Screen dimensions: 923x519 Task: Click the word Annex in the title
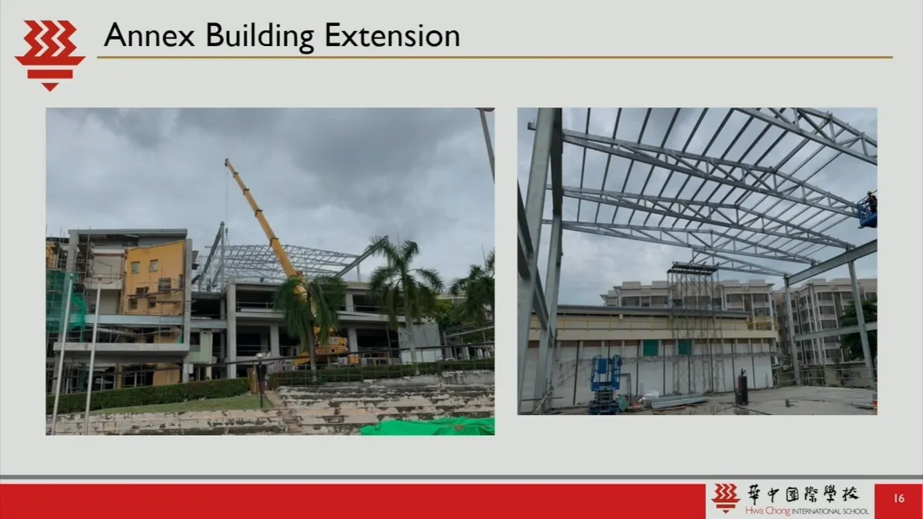[x=149, y=35]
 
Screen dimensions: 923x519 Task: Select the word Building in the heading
[x=260, y=37]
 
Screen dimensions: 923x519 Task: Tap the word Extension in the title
[x=392, y=35]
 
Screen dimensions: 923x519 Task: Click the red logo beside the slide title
[x=50, y=55]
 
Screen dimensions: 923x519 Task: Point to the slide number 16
[x=898, y=498]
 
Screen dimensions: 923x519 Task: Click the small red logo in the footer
[x=725, y=497]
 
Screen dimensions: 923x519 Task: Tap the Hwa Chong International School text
[x=806, y=511]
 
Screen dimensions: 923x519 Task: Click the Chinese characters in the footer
[x=803, y=494]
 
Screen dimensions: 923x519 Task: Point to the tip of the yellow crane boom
[x=227, y=161]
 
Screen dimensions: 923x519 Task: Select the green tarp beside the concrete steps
[x=428, y=427]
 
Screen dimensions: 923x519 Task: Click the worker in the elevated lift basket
[x=871, y=203]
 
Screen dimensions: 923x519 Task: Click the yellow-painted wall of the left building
[x=154, y=278]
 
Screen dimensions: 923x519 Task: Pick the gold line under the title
[x=495, y=58]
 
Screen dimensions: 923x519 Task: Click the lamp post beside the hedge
[x=260, y=380]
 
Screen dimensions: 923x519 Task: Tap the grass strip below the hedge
[x=177, y=405]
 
